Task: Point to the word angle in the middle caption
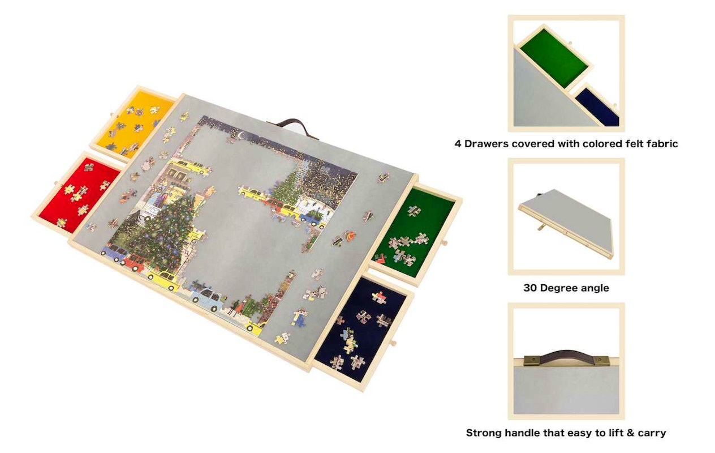click(595, 288)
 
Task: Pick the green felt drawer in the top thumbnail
click(554, 58)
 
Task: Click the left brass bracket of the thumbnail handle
click(531, 361)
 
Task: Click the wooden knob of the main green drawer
click(443, 243)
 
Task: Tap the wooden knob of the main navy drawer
click(393, 344)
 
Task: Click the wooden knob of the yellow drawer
click(111, 114)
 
